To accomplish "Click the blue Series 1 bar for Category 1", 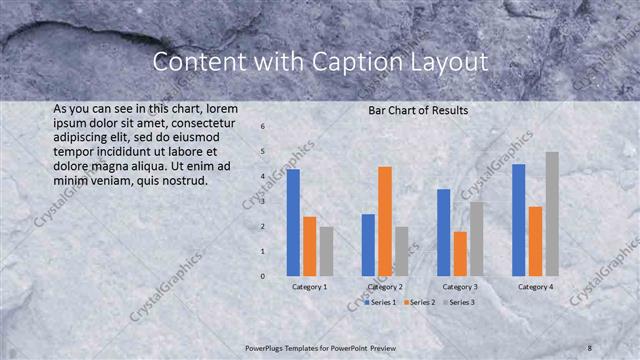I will point(293,222).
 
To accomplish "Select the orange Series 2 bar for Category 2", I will point(385,221).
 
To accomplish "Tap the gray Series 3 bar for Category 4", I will point(552,214).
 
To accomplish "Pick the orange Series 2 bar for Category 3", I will point(460,254).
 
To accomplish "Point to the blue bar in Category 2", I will point(368,245).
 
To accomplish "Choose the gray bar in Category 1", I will point(327,251).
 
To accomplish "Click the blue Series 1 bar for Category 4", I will point(518,220).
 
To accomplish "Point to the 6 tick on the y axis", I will point(262,127).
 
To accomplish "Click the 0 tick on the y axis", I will point(262,276).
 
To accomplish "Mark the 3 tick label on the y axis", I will point(262,201).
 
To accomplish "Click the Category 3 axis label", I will point(460,287).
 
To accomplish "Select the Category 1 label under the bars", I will point(310,287).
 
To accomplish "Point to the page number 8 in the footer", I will point(590,347).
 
